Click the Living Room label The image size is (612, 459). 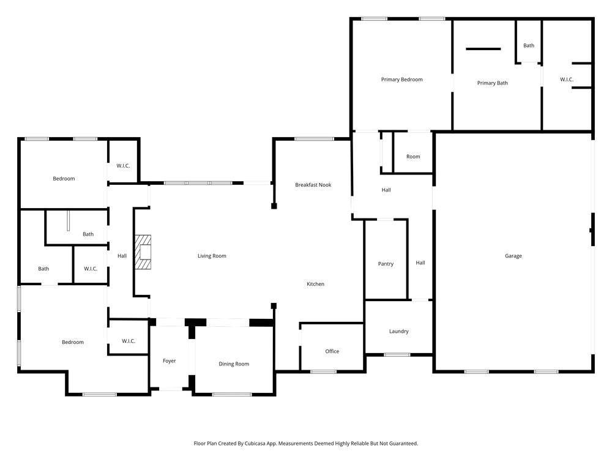pos(212,256)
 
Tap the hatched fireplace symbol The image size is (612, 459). pos(143,252)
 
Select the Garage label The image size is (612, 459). pos(513,256)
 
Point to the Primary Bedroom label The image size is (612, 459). pos(401,80)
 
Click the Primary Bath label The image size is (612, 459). pos(492,83)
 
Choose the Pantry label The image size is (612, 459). pos(386,264)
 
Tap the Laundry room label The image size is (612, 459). pos(398,331)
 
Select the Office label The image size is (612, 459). pos(332,351)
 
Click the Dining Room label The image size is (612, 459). pos(234,364)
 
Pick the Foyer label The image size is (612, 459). pos(169,361)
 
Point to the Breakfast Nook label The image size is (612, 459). pos(313,185)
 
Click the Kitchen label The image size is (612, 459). pos(315,284)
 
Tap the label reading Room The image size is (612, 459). pos(413,157)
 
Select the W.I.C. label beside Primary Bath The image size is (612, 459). pos(566,80)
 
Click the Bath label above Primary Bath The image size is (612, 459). pos(528,45)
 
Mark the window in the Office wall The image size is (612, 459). pos(323,371)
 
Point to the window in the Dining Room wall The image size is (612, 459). pos(232,395)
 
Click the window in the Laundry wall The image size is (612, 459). pos(397,354)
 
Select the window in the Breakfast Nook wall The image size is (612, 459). pos(314,139)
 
